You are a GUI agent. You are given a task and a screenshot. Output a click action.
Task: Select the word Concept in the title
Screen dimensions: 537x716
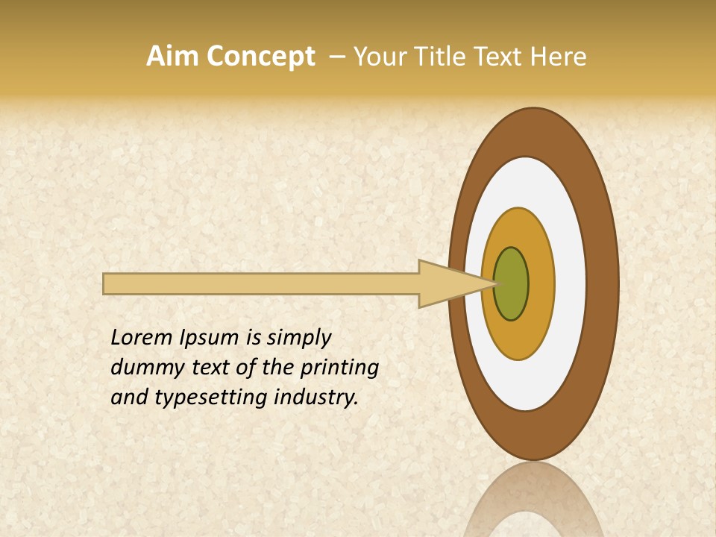(261, 57)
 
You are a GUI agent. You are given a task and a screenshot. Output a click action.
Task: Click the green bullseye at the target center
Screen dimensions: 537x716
(511, 284)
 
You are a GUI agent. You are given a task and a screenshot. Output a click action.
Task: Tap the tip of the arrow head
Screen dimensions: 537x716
(495, 283)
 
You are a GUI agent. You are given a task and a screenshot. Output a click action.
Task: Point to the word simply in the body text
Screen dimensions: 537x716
(298, 339)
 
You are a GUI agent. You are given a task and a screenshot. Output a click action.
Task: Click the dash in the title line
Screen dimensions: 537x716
(337, 57)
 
